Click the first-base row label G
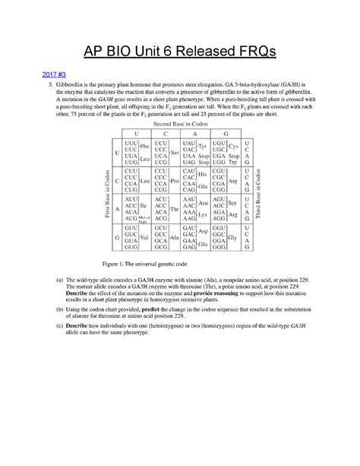point(118,237)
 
